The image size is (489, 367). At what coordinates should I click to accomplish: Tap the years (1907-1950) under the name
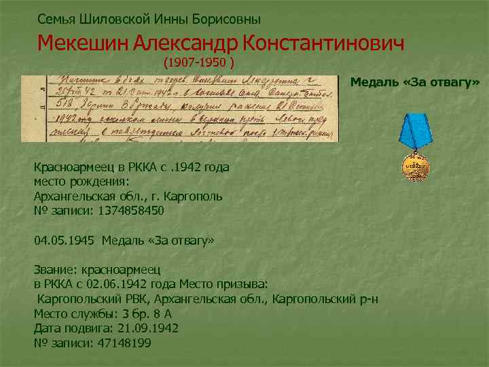pos(199,63)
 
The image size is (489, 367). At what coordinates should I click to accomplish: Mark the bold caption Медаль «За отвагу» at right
pos(415,82)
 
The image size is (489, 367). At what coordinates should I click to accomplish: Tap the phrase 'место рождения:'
pos(81,181)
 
